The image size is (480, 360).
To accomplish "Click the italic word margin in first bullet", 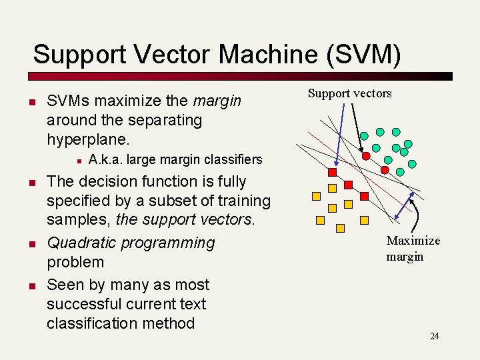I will [217, 101].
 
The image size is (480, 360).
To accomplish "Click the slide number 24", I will [434, 336].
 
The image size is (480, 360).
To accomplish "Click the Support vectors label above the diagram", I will [349, 93].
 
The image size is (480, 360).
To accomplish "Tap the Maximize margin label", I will [413, 248].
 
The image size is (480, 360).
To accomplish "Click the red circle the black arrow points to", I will [366, 155].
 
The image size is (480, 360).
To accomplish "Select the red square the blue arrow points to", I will [332, 171].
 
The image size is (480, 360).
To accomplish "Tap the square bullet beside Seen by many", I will [31, 285].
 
